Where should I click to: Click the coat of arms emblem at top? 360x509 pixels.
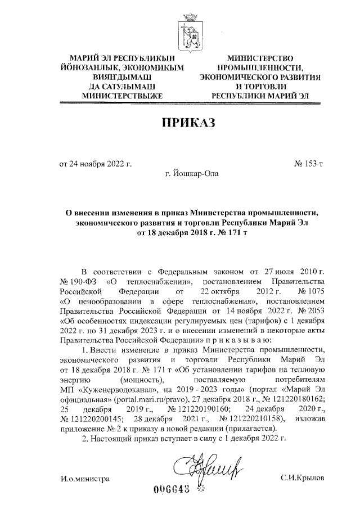coord(186,31)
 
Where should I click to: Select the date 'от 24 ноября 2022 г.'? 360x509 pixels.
coord(96,164)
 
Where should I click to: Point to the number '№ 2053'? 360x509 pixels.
coord(309,310)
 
